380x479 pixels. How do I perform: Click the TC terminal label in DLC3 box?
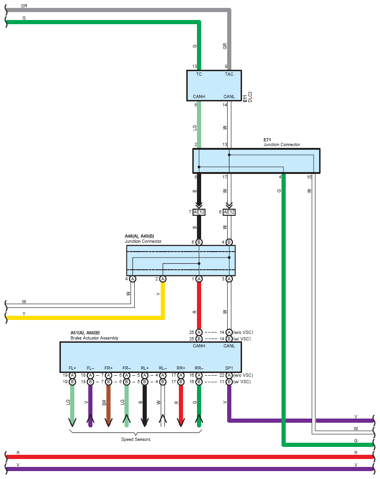click(199, 74)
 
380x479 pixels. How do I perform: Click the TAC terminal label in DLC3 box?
click(229, 74)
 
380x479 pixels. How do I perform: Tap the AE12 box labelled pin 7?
click(199, 212)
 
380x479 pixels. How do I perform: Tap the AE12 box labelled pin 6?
click(229, 212)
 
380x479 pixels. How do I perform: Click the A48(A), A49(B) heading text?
click(139, 236)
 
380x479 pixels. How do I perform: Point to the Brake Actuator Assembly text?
click(94, 338)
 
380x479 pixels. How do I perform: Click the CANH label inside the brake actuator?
click(199, 346)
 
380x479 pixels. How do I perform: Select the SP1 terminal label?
click(229, 368)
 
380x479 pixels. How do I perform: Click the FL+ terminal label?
click(72, 368)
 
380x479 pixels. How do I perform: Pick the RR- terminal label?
click(199, 368)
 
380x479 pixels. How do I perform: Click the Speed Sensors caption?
click(136, 439)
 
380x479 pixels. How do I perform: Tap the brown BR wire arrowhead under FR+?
click(108, 423)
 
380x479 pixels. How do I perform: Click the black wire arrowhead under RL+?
click(144, 423)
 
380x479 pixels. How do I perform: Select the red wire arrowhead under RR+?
click(181, 423)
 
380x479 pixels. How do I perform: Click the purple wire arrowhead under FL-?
click(90, 419)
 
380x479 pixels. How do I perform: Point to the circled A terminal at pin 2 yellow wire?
click(163, 279)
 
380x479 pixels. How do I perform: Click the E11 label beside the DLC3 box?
click(245, 98)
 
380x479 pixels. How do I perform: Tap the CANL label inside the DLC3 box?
click(229, 97)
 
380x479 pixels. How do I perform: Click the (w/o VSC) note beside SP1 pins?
click(243, 375)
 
